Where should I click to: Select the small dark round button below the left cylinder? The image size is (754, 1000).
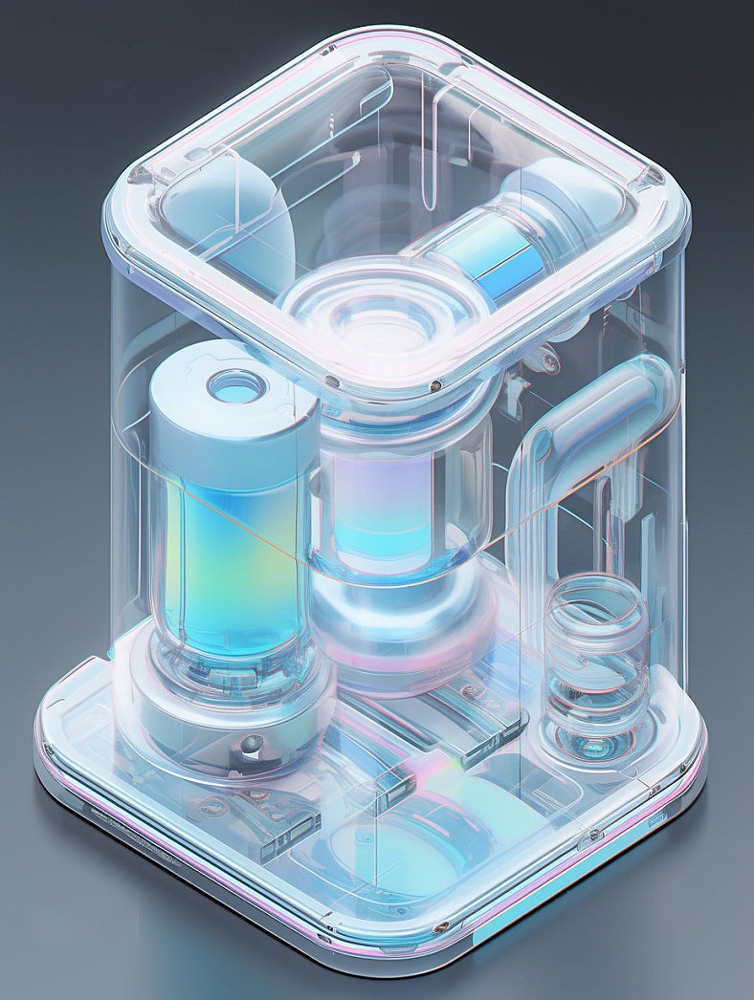click(x=252, y=745)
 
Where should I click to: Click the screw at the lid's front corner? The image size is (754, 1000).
click(x=435, y=386)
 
